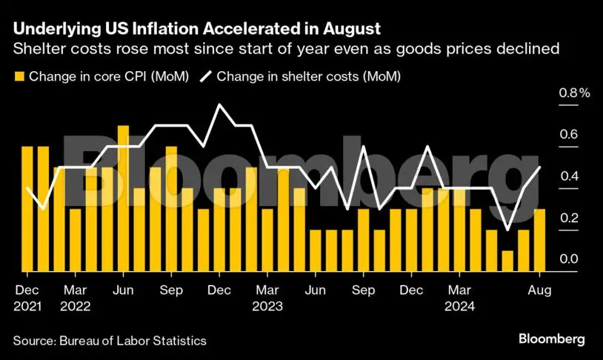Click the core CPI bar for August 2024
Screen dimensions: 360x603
540,239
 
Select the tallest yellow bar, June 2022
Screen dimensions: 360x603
123,198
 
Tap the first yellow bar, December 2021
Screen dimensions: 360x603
27,208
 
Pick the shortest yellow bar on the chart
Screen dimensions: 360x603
507,260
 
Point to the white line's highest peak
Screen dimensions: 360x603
219,105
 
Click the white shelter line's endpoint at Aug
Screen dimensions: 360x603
540,167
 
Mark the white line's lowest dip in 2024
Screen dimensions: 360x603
507,230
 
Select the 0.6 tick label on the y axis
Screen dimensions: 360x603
568,135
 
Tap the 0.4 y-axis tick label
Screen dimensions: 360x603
568,176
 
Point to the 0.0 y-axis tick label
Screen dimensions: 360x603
568,259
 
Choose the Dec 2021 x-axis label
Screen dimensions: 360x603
27,297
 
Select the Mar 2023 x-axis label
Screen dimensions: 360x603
267,297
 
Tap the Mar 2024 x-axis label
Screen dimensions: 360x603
459,297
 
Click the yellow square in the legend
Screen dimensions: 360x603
19,76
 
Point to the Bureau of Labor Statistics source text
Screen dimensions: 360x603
134,340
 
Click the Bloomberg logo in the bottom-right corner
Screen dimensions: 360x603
550,339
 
